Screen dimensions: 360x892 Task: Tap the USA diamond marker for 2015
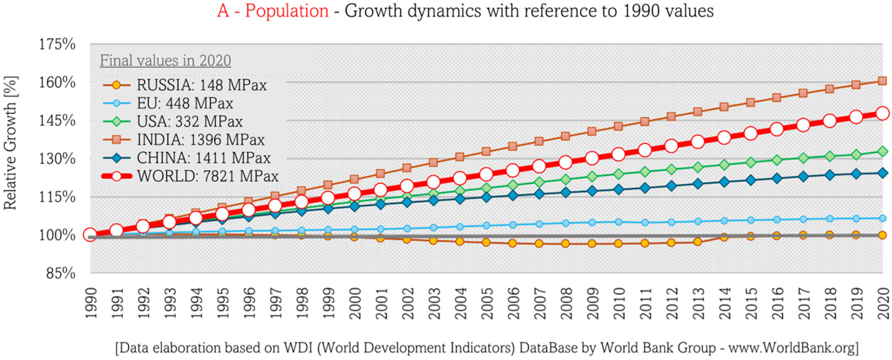750,162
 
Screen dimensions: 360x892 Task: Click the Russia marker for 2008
565,244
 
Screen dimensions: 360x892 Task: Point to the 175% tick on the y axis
57,45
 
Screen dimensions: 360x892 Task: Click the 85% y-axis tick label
61,274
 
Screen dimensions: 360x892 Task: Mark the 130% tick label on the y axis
57,159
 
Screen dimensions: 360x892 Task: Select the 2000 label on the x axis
354,303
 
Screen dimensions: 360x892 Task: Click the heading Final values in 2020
165,61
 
